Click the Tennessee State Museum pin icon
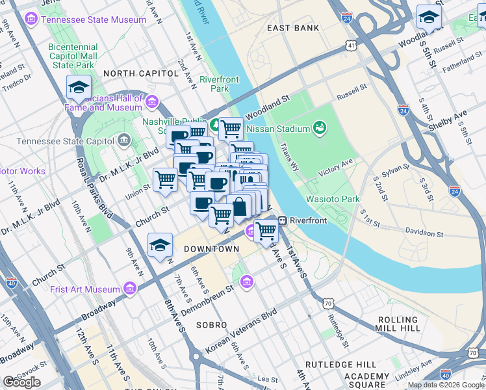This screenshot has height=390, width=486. point(31,20)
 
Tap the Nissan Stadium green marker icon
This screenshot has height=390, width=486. point(319,128)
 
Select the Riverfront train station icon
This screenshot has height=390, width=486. point(283,220)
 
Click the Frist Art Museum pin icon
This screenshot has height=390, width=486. point(130,288)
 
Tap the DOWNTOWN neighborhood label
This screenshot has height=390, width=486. point(211,249)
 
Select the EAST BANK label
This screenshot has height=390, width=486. point(293,28)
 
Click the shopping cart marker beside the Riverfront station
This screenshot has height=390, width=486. point(266,230)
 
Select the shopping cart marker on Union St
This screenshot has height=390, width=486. point(166,178)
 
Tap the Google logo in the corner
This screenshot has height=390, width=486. point(21,382)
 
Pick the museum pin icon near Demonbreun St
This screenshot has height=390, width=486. point(246,281)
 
